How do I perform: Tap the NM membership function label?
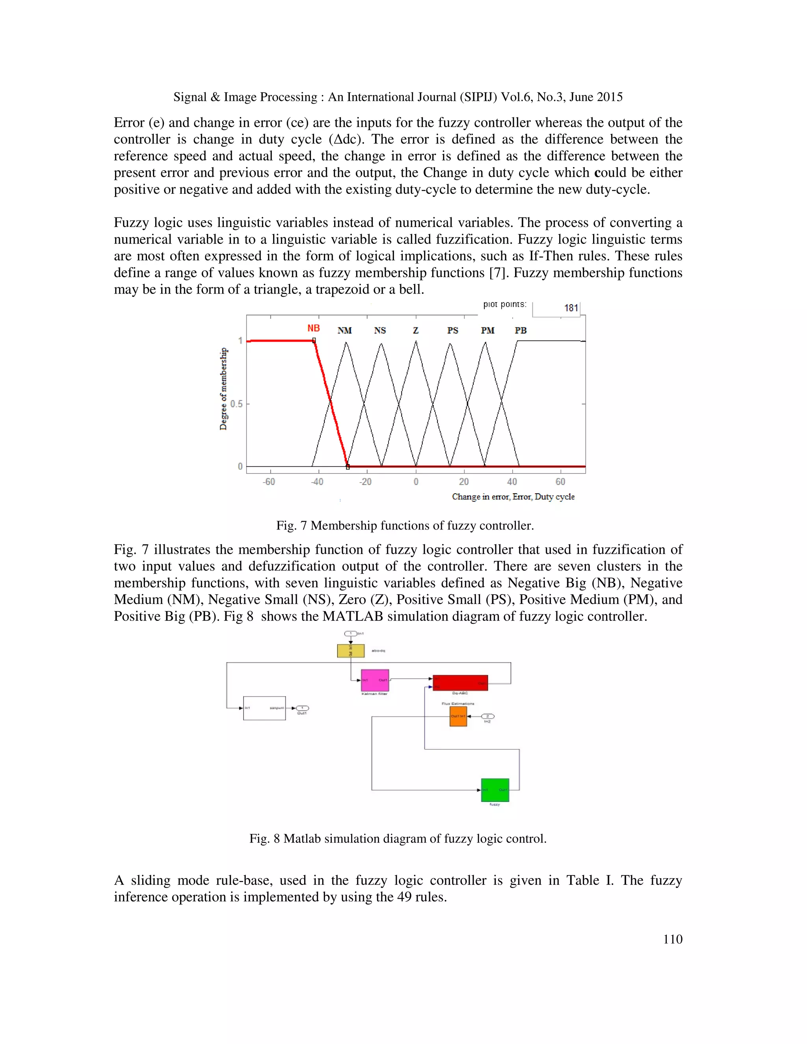pos(344,330)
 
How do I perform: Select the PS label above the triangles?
pos(452,330)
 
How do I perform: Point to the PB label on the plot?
pos(521,330)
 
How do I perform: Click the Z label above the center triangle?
pos(415,330)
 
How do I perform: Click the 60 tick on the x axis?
pos(560,482)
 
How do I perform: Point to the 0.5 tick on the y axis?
pos(236,404)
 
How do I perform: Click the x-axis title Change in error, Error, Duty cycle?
pos(513,497)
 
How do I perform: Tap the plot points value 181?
pos(571,308)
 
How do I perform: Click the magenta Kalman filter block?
pos(375,680)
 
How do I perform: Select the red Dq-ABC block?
pos(460,683)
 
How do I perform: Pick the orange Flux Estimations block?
pos(458,717)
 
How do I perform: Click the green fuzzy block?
pos(495,790)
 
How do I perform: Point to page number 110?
pos(672,939)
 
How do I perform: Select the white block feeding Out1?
pos(264,708)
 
